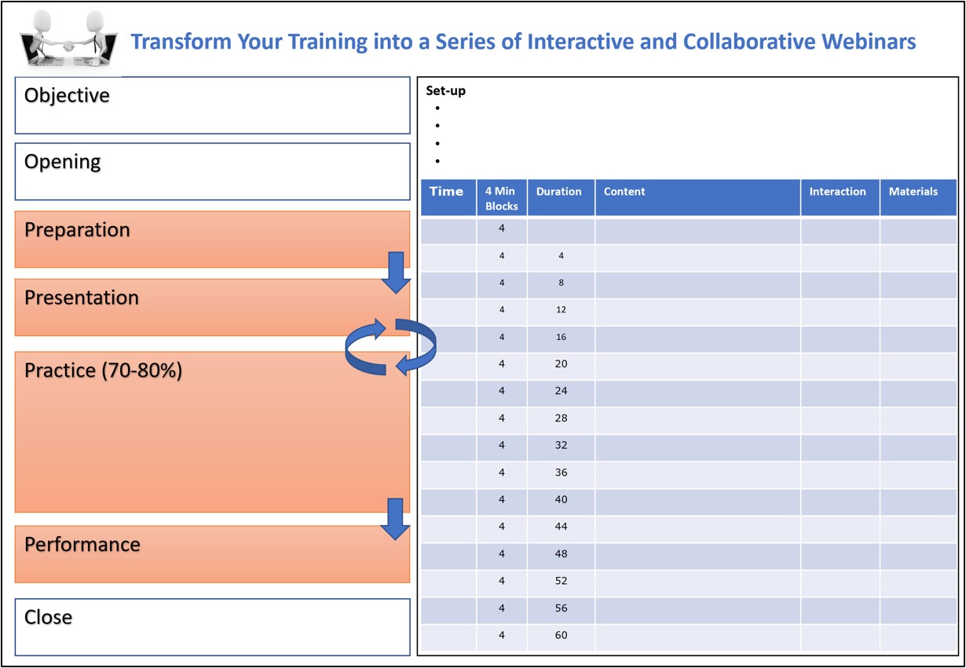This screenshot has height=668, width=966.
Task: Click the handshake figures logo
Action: pos(68,39)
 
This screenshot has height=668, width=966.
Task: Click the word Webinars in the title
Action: pos(870,42)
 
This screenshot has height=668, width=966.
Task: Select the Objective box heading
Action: pos(67,96)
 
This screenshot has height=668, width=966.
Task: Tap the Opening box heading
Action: pos(63,162)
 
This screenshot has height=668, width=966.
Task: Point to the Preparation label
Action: pos(77,230)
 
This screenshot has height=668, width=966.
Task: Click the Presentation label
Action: pos(82,297)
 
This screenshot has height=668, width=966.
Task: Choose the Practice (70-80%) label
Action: pos(104,371)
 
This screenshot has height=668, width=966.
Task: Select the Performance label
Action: pos(82,544)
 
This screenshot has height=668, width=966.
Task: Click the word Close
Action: pos(49,617)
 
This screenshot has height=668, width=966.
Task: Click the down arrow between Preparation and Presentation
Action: pos(396,272)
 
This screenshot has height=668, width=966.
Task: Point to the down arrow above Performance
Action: pos(396,518)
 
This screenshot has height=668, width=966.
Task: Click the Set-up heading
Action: pos(445,90)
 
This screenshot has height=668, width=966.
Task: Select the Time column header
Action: pos(447,192)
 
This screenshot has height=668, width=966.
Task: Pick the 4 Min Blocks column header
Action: pos(501,198)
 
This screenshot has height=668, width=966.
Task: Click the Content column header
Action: pos(625,192)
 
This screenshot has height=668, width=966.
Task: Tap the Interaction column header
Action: pos(837,192)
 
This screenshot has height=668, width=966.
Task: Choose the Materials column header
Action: pos(913,192)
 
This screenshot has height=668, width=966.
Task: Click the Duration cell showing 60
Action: pos(561,635)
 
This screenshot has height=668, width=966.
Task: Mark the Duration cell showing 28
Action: pos(561,418)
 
